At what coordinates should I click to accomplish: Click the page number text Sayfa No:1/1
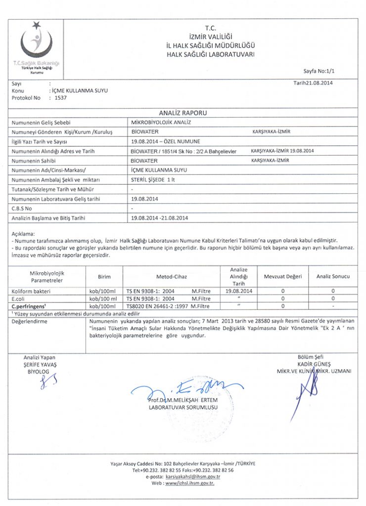322,71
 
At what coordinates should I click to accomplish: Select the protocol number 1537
60,98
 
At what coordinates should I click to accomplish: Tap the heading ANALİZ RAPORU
183,113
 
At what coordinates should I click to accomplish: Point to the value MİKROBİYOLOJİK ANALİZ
161,122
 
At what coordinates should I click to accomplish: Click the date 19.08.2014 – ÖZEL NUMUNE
166,141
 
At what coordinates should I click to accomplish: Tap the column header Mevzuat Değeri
282,277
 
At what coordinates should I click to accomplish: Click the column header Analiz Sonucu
333,277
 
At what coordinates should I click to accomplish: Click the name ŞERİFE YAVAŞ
40,364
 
